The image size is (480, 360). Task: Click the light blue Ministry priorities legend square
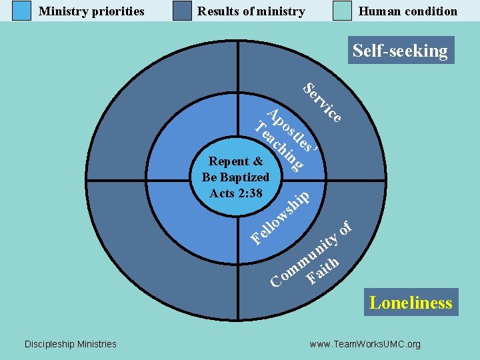(x=22, y=11)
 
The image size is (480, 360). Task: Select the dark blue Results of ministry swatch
(x=182, y=11)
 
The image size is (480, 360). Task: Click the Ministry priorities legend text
(x=91, y=11)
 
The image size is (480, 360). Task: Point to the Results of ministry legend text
(x=251, y=11)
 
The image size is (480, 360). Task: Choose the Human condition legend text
(x=408, y=11)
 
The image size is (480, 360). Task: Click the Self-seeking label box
(x=400, y=51)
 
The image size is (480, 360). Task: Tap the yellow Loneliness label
(x=411, y=303)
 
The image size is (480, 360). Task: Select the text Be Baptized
(x=235, y=177)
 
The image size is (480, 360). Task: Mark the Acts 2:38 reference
(x=235, y=193)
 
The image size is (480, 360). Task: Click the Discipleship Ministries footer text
(x=70, y=344)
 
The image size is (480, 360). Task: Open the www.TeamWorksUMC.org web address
(x=365, y=344)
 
